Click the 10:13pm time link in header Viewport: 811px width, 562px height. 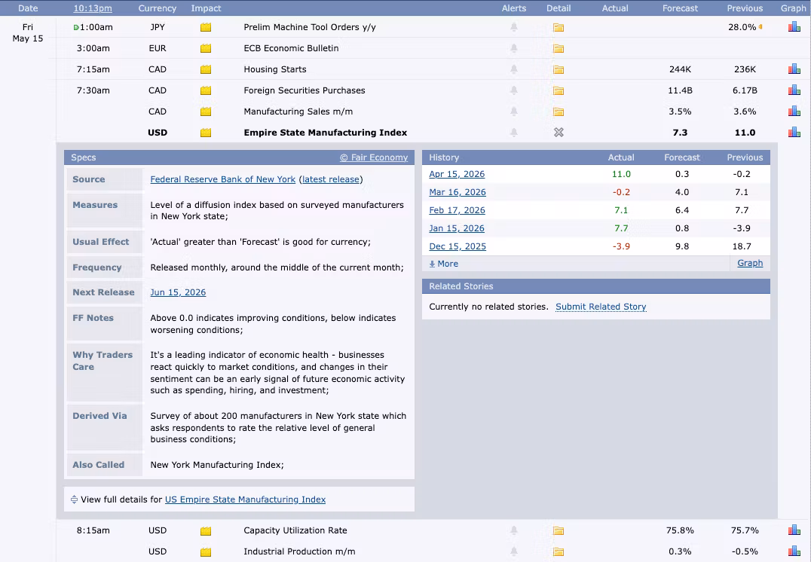(x=93, y=8)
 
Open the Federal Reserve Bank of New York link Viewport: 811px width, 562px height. (x=223, y=179)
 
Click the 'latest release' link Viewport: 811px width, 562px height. (x=330, y=179)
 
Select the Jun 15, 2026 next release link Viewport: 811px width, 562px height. (x=178, y=292)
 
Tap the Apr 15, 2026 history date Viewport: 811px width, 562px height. (x=457, y=174)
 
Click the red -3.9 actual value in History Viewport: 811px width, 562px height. (x=621, y=246)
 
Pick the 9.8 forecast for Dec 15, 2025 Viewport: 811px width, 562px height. (x=681, y=246)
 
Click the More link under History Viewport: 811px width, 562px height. (x=444, y=264)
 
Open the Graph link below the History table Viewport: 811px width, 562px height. (x=750, y=263)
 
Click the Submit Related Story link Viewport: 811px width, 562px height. (x=601, y=307)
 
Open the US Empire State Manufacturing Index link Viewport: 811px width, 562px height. (x=245, y=499)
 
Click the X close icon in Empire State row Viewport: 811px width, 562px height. (x=559, y=133)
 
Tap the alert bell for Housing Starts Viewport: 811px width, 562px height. (x=513, y=69)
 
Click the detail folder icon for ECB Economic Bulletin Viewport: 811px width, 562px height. (x=559, y=49)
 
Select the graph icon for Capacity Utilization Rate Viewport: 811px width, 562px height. (x=794, y=530)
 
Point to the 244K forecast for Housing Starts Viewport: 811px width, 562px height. (x=680, y=69)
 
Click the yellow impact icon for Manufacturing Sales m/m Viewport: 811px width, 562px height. (x=206, y=111)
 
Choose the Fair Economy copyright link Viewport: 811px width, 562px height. (x=374, y=157)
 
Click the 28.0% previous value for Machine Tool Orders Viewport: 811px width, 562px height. (x=742, y=27)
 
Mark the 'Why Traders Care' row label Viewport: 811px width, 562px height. (x=103, y=361)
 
